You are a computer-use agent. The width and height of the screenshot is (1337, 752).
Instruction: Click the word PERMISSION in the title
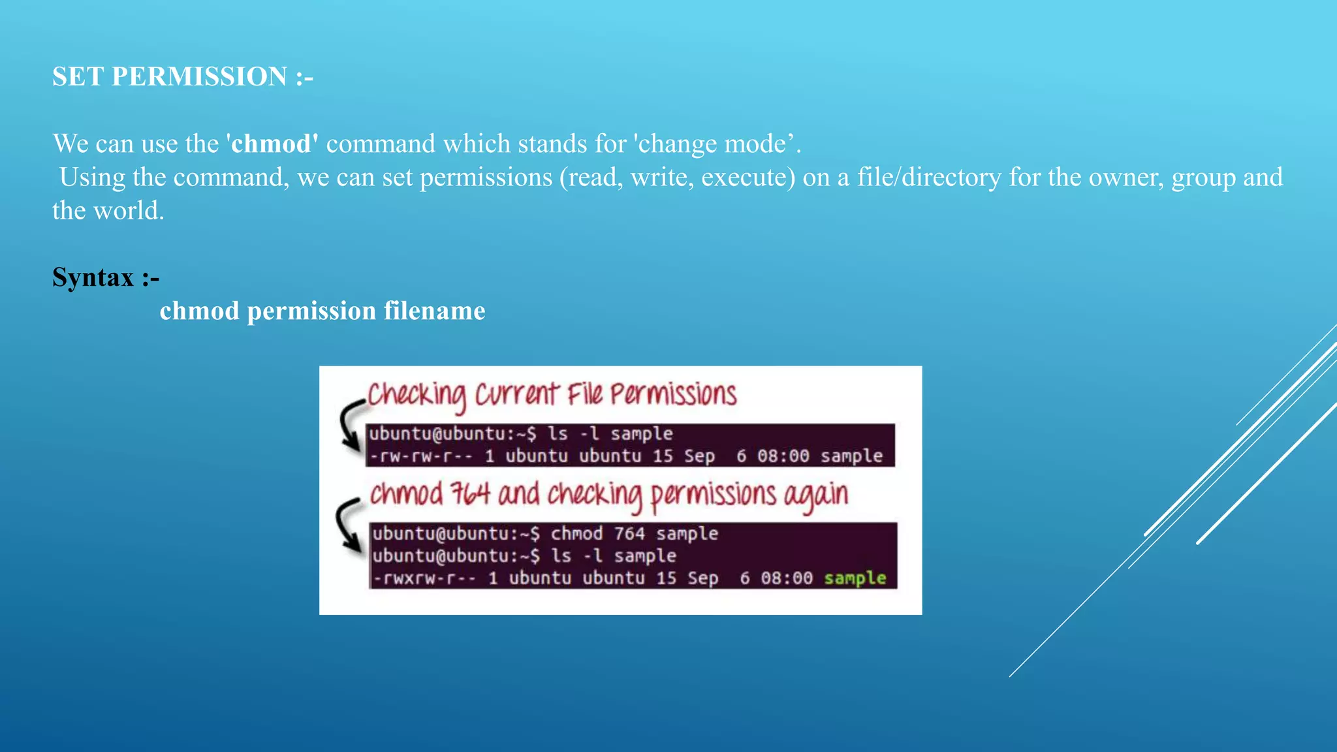tap(199, 76)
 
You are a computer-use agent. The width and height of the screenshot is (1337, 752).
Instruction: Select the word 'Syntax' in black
tap(93, 277)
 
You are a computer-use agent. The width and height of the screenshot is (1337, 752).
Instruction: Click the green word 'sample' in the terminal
tap(855, 578)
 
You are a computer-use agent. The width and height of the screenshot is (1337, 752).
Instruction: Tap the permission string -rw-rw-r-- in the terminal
tap(421, 456)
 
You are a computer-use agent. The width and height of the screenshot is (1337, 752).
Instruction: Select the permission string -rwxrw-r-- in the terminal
tap(424, 578)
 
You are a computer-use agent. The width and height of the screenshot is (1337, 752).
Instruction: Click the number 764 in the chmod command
tap(629, 534)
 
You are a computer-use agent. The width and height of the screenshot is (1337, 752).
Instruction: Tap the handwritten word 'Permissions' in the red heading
tap(673, 395)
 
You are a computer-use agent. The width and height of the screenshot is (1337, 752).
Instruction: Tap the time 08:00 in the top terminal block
tap(783, 456)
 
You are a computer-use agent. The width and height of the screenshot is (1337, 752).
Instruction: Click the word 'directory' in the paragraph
tap(951, 178)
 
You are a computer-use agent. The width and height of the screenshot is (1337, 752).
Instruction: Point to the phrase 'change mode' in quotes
tap(712, 144)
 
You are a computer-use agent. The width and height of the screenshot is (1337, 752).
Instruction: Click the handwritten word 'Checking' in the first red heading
tap(417, 395)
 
